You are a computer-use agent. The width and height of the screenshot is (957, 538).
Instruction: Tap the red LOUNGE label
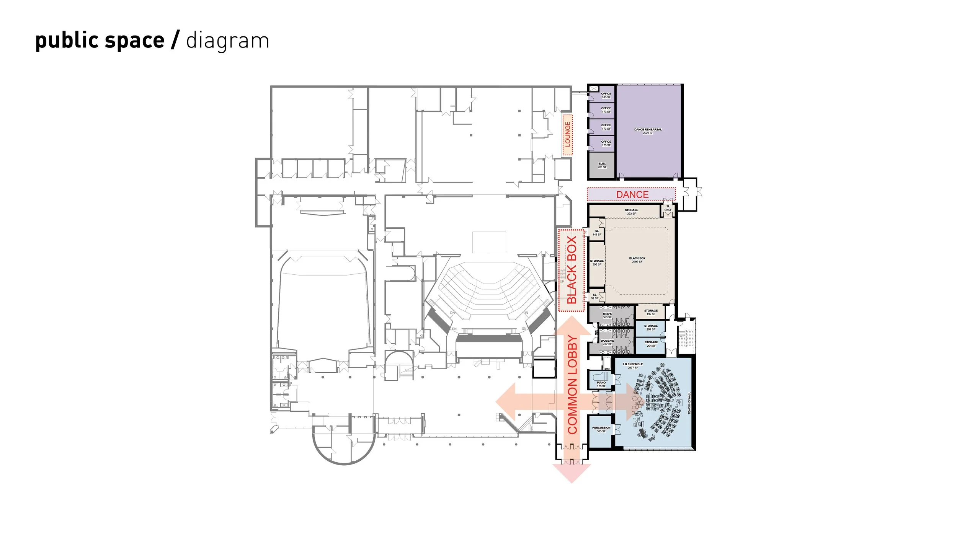tap(567, 134)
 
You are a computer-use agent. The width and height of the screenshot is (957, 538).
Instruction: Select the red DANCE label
tap(632, 194)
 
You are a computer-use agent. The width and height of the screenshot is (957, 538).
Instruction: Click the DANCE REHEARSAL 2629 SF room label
tap(648, 131)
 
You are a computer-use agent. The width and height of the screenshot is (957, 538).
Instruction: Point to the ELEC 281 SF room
tap(602, 165)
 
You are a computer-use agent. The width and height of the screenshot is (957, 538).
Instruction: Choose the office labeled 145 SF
tap(606, 95)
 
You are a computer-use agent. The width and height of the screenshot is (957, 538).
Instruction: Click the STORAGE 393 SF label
tap(631, 212)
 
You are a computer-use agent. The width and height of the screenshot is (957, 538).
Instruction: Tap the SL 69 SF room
tap(668, 208)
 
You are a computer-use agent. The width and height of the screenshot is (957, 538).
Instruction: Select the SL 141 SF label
tap(597, 233)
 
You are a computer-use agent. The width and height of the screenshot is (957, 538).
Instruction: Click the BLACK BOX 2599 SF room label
tap(637, 260)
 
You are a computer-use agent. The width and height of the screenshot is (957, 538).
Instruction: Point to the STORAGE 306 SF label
tap(597, 262)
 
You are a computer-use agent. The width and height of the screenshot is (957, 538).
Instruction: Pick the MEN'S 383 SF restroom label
tap(607, 315)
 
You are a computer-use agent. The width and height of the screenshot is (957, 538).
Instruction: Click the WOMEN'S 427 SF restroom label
tap(607, 342)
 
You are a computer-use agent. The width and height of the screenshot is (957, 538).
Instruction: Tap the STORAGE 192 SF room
tap(651, 312)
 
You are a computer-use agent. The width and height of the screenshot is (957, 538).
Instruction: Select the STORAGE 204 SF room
tap(651, 344)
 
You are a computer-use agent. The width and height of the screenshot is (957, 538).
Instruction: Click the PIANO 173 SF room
tap(601, 384)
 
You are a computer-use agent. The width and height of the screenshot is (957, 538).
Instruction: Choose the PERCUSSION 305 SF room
tap(601, 429)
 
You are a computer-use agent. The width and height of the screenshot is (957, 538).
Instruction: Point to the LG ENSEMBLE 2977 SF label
tap(633, 366)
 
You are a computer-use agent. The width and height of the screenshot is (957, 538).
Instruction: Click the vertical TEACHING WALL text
tap(689, 403)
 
